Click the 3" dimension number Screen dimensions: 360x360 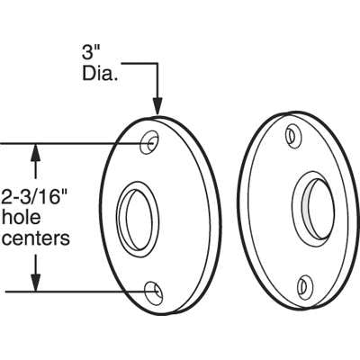point(88,53)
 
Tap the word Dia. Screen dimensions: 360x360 point(99,73)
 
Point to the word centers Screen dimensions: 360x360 point(36,238)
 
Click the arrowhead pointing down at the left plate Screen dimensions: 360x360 point(157,106)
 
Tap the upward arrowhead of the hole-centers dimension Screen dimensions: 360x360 point(36,153)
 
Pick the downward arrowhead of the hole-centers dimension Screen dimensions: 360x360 point(36,283)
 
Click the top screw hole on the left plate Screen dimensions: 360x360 point(149,142)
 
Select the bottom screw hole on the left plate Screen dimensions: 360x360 point(154,292)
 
